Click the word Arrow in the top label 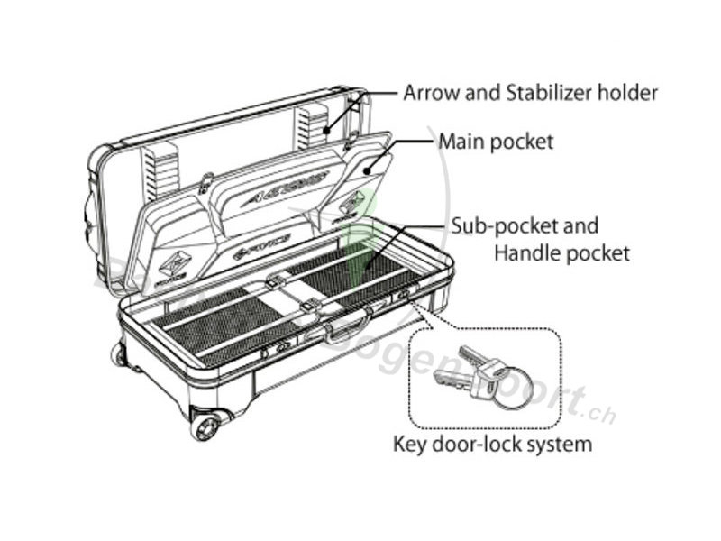tap(429, 92)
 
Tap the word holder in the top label tap(631, 92)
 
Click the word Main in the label tap(461, 142)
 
